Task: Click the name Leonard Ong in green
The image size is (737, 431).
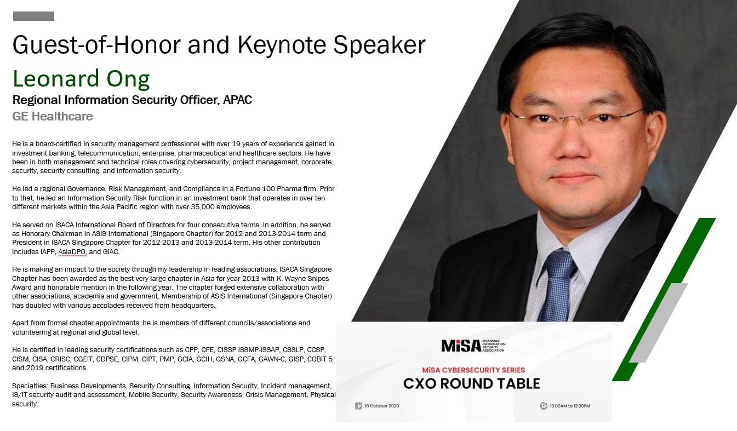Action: tap(81, 79)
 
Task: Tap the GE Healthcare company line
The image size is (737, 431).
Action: tap(52, 117)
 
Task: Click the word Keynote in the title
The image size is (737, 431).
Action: tap(282, 45)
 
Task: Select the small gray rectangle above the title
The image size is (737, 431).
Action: tap(33, 16)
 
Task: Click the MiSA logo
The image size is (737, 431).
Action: tap(473, 346)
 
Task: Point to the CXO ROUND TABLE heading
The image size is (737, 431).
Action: tap(471, 384)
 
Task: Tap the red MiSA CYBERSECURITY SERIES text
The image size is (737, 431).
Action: tap(473, 370)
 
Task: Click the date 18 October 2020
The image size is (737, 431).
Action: tap(382, 406)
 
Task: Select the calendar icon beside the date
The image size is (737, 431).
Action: tap(358, 406)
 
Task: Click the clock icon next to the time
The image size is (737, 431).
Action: tap(544, 406)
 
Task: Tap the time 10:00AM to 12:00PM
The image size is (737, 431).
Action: tap(570, 406)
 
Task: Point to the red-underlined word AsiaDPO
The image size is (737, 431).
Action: tap(72, 252)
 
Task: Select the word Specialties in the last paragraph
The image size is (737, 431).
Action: tap(30, 386)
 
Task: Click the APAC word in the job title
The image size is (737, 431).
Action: tap(237, 100)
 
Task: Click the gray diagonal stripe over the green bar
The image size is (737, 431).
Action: tap(658, 323)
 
